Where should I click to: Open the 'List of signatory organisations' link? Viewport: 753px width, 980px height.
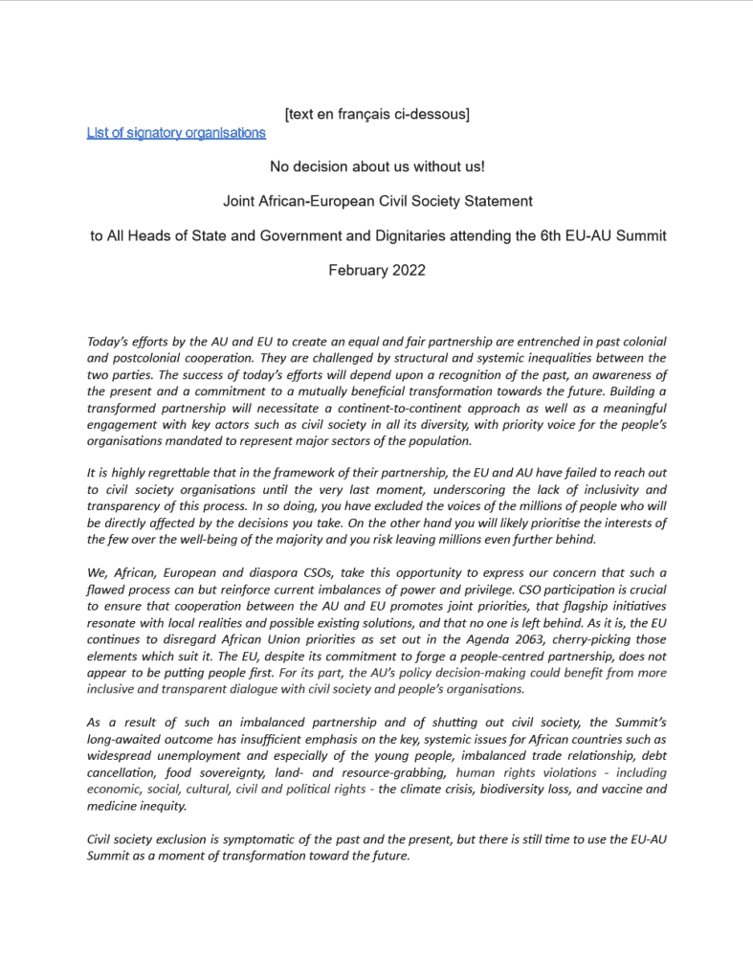click(x=176, y=133)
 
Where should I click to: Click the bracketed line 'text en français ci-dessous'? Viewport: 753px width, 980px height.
click(x=377, y=114)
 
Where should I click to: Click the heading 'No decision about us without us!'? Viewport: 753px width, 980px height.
click(x=377, y=167)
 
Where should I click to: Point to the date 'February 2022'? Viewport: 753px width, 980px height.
click(x=377, y=270)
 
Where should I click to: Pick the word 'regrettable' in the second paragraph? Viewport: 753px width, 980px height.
click(x=166, y=473)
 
